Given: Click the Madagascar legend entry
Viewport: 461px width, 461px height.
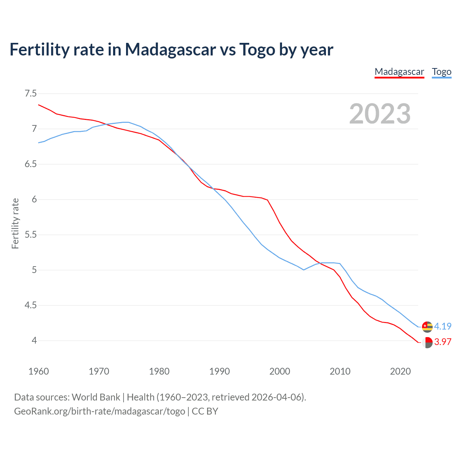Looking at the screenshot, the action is point(399,72).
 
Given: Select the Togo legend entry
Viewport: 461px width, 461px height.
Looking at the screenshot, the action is point(442,72).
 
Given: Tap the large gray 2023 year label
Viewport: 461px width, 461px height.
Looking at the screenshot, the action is point(380,114).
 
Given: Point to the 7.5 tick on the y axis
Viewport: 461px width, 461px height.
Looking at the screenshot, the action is point(31,94).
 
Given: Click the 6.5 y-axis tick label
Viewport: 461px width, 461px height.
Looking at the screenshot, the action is point(31,164).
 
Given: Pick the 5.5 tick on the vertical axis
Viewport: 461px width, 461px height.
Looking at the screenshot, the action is point(31,235).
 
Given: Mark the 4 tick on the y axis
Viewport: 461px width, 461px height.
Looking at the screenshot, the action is point(34,340).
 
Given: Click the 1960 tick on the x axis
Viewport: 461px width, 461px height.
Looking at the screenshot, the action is point(39,371).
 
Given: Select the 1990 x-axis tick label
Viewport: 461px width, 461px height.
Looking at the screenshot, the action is point(219,371).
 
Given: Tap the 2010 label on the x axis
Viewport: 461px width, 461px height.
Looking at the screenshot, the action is point(340,371).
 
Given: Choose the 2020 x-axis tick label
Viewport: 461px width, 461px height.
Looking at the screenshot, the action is point(400,371).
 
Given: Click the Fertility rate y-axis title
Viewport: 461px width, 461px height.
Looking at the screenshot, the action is point(15,223).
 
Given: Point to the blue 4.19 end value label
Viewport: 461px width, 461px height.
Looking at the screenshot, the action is point(443,326).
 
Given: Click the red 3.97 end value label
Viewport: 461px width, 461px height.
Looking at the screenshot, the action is point(443,342).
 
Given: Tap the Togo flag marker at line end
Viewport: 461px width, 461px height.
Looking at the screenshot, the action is point(427,327).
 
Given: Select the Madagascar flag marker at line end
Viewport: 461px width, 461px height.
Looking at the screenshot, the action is point(427,342).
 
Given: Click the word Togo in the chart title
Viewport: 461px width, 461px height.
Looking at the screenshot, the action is point(257,49).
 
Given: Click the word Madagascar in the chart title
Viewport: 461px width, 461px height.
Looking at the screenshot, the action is point(170,49).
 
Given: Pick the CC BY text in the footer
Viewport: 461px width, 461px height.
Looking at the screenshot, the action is point(205,411).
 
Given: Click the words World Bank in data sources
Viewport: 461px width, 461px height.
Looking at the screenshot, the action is point(96,397).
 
